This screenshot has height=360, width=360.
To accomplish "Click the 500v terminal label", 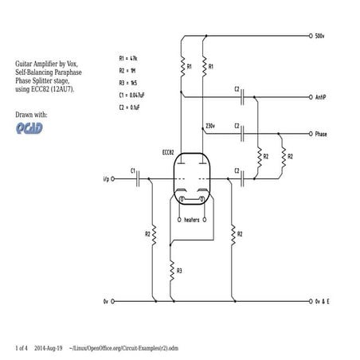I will (320, 37).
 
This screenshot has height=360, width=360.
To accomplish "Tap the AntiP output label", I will (320, 97).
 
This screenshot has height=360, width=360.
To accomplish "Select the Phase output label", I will (321, 134).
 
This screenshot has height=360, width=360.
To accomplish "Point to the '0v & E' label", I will (323, 303).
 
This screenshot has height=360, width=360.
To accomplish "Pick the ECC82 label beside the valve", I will (168, 151).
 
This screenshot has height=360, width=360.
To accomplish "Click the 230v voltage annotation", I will (209, 126).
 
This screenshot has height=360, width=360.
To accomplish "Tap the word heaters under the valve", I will (191, 219).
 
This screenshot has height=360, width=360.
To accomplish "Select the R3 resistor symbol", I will (171, 271).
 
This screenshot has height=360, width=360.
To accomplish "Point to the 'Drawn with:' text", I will (32, 115).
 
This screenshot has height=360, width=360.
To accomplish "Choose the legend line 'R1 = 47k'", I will (129, 59).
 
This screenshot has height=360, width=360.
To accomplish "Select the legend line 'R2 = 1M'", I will (128, 70).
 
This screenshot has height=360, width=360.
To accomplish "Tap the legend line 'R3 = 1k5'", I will (128, 82).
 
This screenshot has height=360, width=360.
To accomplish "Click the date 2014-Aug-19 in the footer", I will (49, 348).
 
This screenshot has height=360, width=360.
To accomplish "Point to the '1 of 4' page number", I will (22, 348).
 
